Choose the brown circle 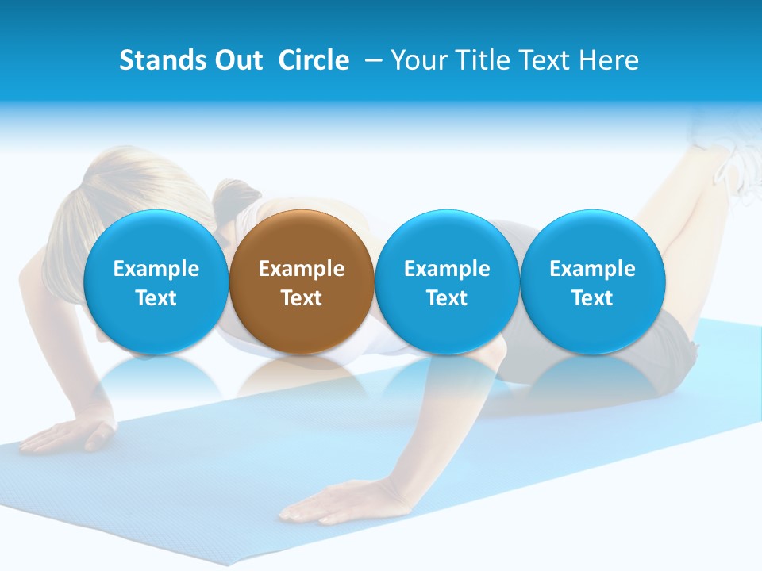point(302,282)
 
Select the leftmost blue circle point(156,282)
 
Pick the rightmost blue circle point(593,282)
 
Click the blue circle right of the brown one point(447,282)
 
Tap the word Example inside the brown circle point(302,269)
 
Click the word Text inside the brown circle point(302,298)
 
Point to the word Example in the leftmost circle point(156,269)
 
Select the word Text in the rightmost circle point(593,298)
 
